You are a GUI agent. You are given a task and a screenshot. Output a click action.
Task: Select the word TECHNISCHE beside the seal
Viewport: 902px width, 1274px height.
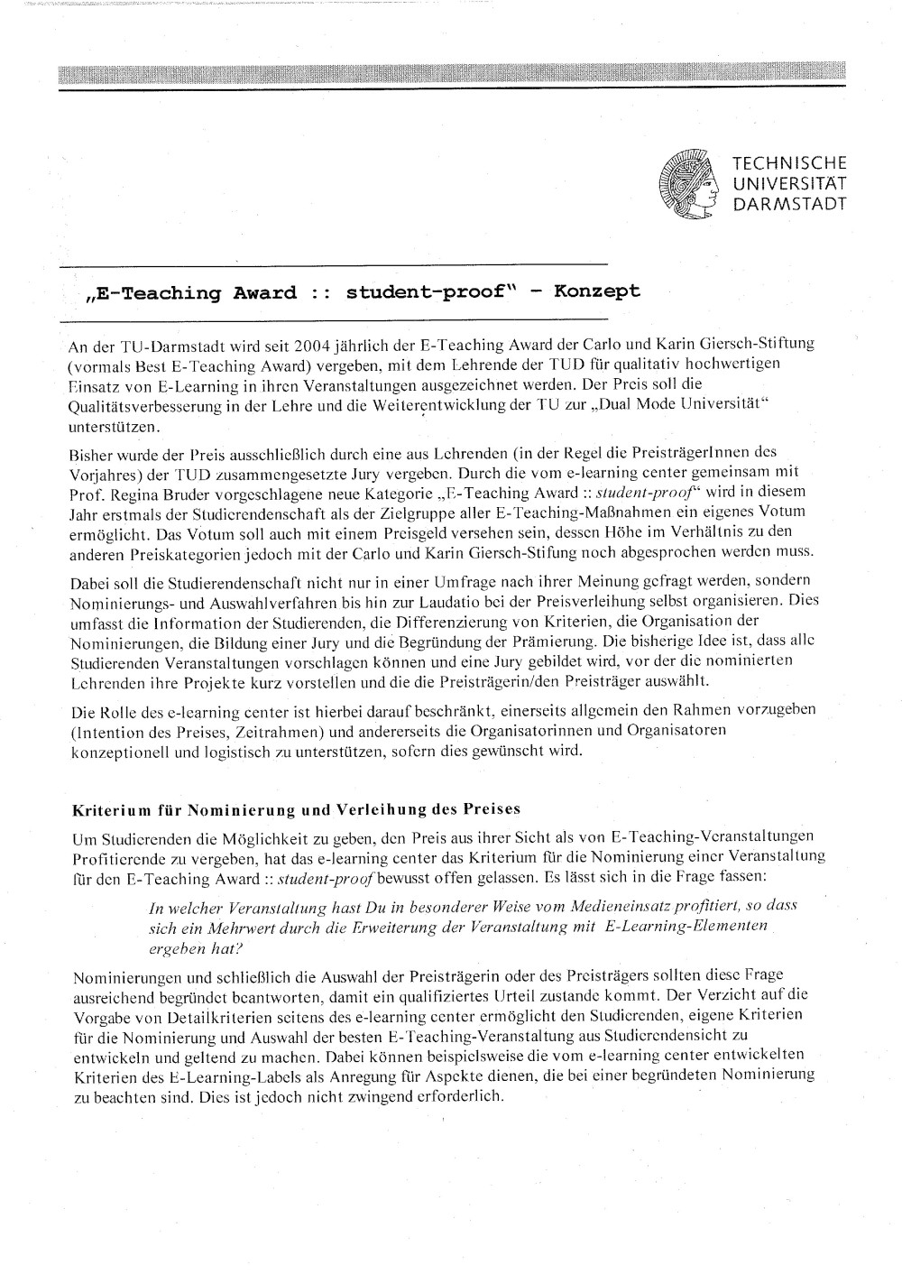pyautogui.click(x=789, y=164)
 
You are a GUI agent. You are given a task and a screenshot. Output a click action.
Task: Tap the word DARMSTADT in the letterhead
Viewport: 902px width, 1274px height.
pyautogui.click(x=789, y=204)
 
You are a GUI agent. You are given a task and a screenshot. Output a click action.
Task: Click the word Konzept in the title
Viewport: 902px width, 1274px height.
pyautogui.click(x=597, y=291)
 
